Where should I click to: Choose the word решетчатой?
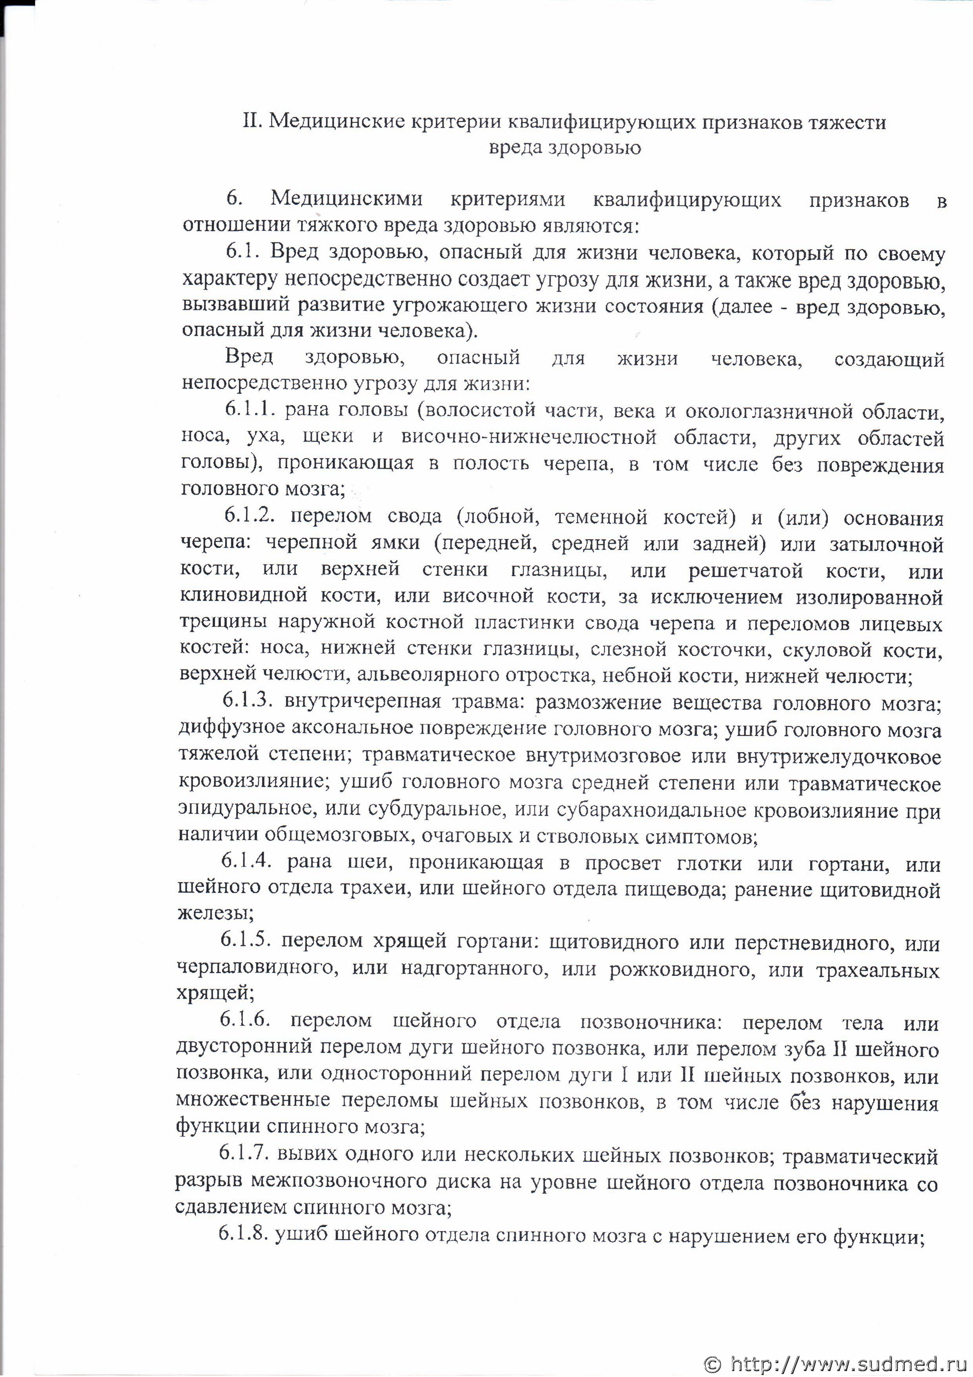click(745, 569)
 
